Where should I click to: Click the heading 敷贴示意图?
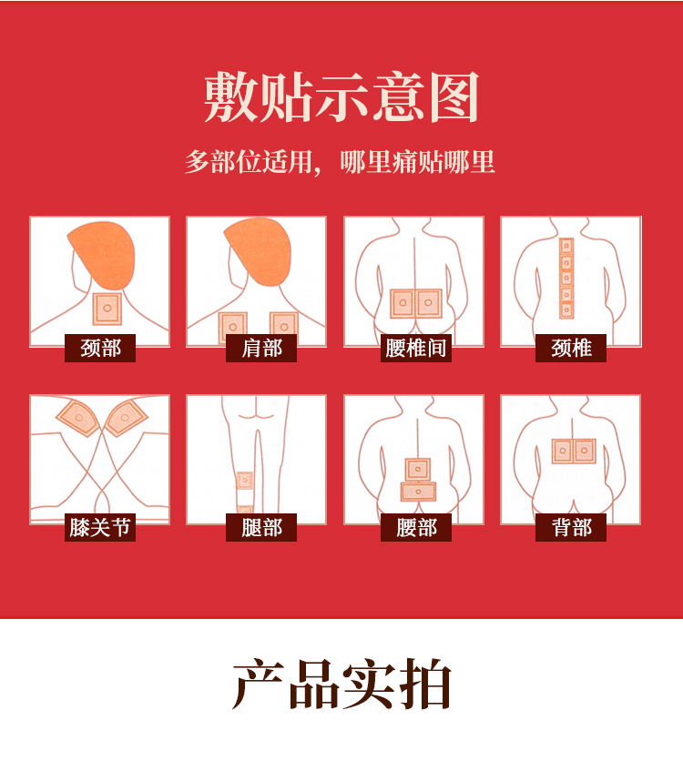click(x=341, y=97)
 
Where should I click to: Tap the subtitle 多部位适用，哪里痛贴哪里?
click(x=340, y=162)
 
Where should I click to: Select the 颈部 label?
click(x=100, y=348)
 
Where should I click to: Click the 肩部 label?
click(x=261, y=348)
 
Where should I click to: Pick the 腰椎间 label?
click(x=416, y=348)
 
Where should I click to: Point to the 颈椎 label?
click(x=571, y=348)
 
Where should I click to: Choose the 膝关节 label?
click(x=100, y=527)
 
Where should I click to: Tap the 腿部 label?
click(x=261, y=527)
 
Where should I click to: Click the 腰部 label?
click(x=416, y=527)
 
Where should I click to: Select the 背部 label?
click(x=571, y=527)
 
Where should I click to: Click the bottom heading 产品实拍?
click(x=341, y=685)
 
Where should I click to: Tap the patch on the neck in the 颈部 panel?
click(x=107, y=309)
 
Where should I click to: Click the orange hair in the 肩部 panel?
click(x=258, y=251)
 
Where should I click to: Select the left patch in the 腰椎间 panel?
click(x=403, y=303)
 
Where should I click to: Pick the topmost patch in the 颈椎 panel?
click(x=566, y=246)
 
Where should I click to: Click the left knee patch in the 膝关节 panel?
click(x=78, y=418)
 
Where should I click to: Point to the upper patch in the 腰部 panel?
click(x=417, y=470)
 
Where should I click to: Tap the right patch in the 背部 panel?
click(x=585, y=451)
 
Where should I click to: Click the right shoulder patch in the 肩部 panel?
click(x=283, y=326)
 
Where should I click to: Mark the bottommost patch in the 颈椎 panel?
click(x=566, y=310)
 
